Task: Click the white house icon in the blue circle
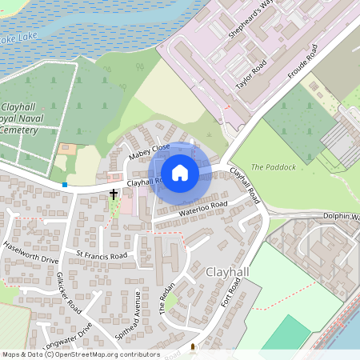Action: pyautogui.click(x=180, y=173)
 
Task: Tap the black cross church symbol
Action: pyautogui.click(x=114, y=194)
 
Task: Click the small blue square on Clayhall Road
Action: pyautogui.click(x=65, y=185)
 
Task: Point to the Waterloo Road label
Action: pyautogui.click(x=203, y=210)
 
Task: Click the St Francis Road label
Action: pyautogui.click(x=102, y=255)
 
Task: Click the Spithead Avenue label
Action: pyautogui.click(x=126, y=314)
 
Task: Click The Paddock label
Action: pyautogui.click(x=274, y=166)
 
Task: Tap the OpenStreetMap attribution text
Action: pyautogui.click(x=80, y=354)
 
